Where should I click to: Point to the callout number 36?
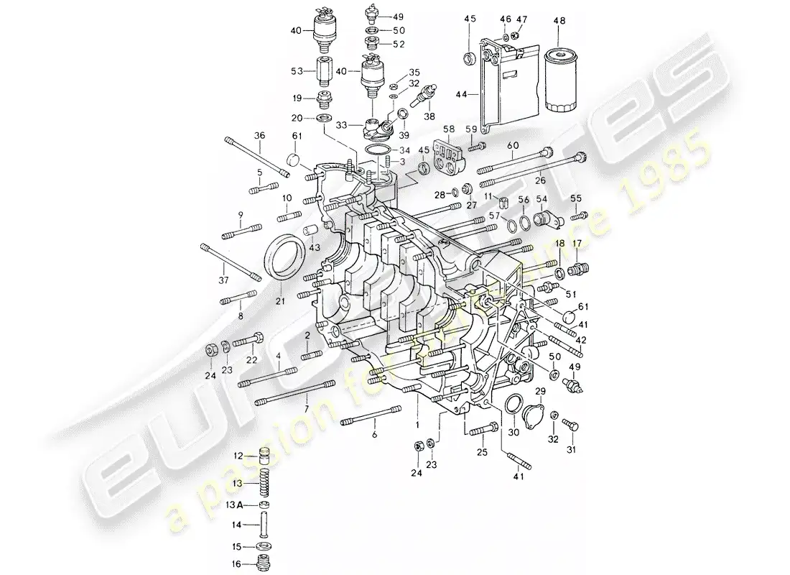259,134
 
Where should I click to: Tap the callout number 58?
449,129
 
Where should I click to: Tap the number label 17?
577,244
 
